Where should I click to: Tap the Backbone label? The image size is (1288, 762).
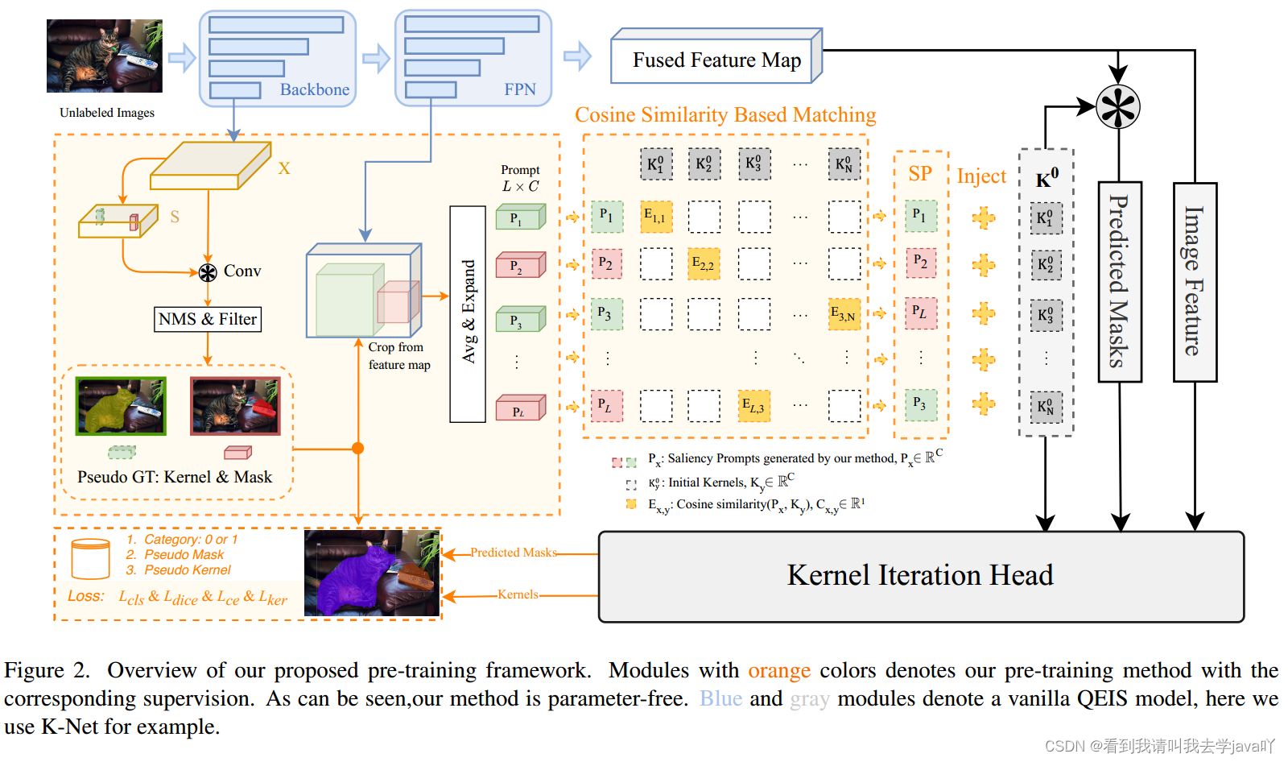tap(314, 89)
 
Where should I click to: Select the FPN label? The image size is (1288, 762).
tap(519, 89)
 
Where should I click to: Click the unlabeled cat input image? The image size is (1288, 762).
tap(105, 56)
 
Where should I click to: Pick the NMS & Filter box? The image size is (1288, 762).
tap(208, 319)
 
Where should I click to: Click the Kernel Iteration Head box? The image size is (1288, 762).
tap(920, 576)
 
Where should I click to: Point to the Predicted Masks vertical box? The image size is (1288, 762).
tap(1119, 281)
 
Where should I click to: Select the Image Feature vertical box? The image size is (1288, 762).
tap(1194, 281)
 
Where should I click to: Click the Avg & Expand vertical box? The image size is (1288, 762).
tap(468, 313)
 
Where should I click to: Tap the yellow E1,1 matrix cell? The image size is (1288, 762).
tap(656, 217)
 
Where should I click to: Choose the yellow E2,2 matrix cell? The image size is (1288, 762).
tap(704, 263)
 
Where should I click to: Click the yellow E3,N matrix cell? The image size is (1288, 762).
tap(844, 314)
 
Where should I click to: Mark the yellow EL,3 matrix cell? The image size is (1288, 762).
tap(753, 406)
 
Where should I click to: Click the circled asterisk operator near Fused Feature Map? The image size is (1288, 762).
tap(1118, 106)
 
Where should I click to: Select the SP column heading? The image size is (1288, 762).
tap(920, 174)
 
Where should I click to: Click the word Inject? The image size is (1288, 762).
tap(981, 176)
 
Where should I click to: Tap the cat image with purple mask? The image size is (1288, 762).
tap(372, 573)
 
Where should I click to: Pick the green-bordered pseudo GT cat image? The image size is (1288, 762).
tap(121, 406)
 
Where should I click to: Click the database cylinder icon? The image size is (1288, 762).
tap(90, 559)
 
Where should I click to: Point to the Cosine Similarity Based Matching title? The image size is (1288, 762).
tap(724, 115)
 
